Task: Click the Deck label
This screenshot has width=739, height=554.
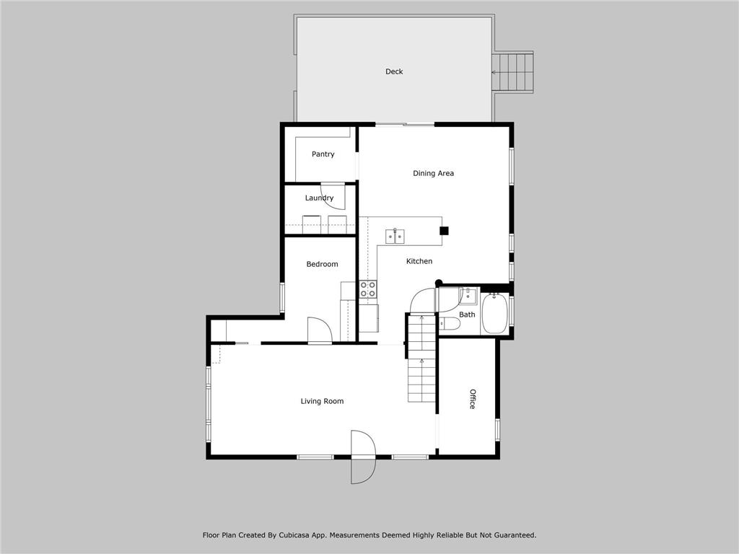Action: point(394,71)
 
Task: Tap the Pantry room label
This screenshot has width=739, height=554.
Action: point(323,154)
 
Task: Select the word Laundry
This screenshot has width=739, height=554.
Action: point(319,198)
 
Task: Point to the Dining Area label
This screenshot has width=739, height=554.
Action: point(433,173)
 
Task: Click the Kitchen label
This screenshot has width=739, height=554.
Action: point(419,261)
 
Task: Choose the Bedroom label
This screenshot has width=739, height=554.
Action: point(322,264)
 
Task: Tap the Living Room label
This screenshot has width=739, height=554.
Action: point(322,401)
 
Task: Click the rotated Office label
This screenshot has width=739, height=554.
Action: point(472,399)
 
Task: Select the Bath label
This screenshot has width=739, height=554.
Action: point(467,315)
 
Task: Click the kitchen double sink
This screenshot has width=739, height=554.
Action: point(395,236)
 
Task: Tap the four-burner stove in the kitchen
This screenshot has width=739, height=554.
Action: point(368,289)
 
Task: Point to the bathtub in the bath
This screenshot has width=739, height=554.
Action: point(494,313)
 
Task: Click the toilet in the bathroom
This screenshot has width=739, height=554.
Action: point(449,324)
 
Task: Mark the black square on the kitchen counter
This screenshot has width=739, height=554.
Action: point(444,231)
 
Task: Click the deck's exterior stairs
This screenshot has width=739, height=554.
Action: point(512,73)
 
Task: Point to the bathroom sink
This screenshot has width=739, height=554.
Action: point(468,296)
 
